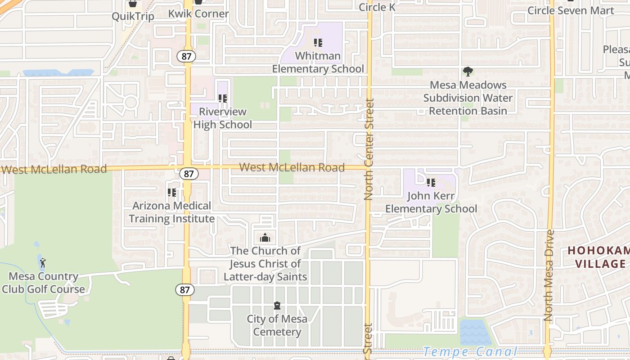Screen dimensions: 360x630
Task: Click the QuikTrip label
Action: coord(133,17)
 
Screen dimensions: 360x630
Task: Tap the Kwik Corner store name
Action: coord(198,14)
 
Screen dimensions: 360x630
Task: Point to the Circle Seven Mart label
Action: coord(571,10)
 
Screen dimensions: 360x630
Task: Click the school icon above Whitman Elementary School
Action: coord(318,43)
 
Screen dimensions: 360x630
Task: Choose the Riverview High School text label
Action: coord(223,118)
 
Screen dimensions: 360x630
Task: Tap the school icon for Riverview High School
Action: coord(223,98)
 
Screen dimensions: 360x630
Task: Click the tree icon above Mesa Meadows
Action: coord(468,72)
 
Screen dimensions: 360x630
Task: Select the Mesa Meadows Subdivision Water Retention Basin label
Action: coord(468,98)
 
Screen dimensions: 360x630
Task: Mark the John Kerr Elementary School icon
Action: coord(431,183)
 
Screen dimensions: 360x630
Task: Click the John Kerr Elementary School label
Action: coord(431,202)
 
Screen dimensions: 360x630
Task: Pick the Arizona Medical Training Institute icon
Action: coord(172,193)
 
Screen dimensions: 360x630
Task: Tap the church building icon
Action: coord(265,238)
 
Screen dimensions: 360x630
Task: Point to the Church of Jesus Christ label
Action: coord(265,264)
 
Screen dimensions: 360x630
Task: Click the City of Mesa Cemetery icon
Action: coord(277,306)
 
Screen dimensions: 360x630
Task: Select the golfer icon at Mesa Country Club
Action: coord(43,263)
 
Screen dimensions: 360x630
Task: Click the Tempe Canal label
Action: coord(470,351)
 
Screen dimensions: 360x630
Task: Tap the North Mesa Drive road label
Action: coord(548,275)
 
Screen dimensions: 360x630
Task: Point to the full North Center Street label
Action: coord(369,149)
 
